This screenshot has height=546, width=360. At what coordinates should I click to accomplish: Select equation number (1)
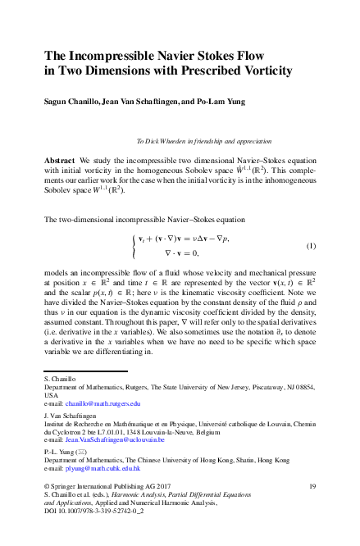(x=311, y=246)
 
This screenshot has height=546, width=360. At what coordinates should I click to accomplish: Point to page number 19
(x=312, y=486)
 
